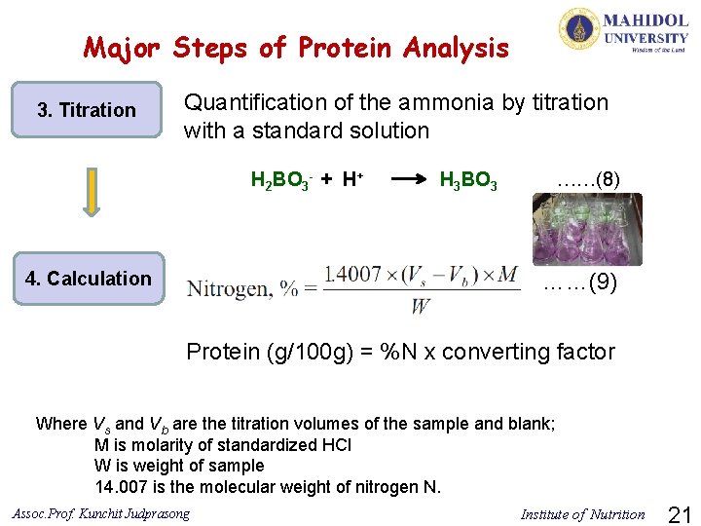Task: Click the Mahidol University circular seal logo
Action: [x=579, y=29]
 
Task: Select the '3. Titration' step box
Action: [x=87, y=110]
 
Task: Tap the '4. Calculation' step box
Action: [x=89, y=279]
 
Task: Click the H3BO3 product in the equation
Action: [x=469, y=180]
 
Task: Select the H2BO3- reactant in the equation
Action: [x=278, y=180]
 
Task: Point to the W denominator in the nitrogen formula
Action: [x=421, y=307]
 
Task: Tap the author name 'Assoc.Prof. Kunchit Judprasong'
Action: [x=102, y=513]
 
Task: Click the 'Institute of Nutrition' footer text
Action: [x=582, y=514]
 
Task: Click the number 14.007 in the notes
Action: [x=123, y=487]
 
